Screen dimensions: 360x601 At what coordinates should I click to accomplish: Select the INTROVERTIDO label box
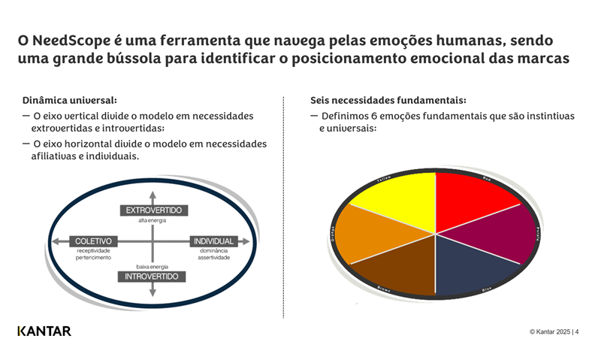click(153, 277)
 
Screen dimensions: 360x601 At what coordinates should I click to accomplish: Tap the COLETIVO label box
click(93, 241)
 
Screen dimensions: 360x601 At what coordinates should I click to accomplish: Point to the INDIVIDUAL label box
click(214, 241)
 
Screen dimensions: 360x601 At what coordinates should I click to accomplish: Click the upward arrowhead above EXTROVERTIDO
click(153, 197)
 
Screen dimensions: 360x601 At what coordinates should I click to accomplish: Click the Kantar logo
click(44, 331)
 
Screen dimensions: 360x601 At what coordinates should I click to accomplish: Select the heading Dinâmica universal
click(70, 100)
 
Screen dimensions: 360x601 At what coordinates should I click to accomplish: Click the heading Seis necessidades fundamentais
click(388, 100)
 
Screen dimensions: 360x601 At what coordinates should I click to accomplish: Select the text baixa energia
click(152, 267)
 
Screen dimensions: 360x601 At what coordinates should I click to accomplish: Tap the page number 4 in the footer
click(577, 331)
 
